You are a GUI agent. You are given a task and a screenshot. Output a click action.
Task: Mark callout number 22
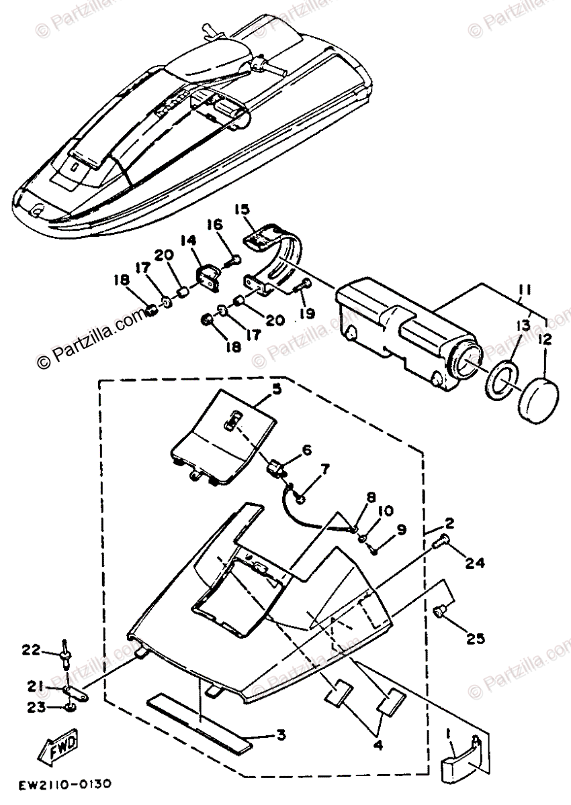30,649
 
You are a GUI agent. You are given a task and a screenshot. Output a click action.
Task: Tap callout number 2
449,523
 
